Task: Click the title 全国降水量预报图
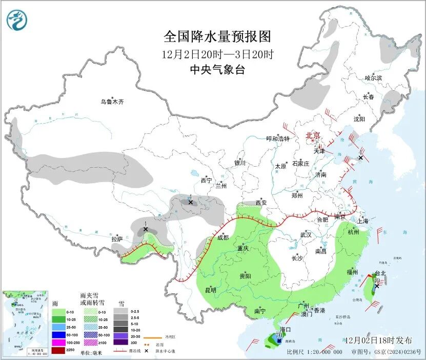tap(217, 37)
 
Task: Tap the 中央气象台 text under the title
tap(217, 70)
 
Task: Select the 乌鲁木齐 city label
tap(112, 102)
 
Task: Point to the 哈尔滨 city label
tap(373, 78)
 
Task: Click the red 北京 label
tap(313, 135)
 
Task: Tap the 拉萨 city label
tap(117, 239)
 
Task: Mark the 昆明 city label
tap(210, 290)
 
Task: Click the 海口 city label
tap(286, 329)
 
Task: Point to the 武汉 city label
tap(306, 234)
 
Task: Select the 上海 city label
tap(363, 222)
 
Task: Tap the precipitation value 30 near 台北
tap(377, 281)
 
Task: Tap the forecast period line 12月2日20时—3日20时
tap(217, 54)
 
